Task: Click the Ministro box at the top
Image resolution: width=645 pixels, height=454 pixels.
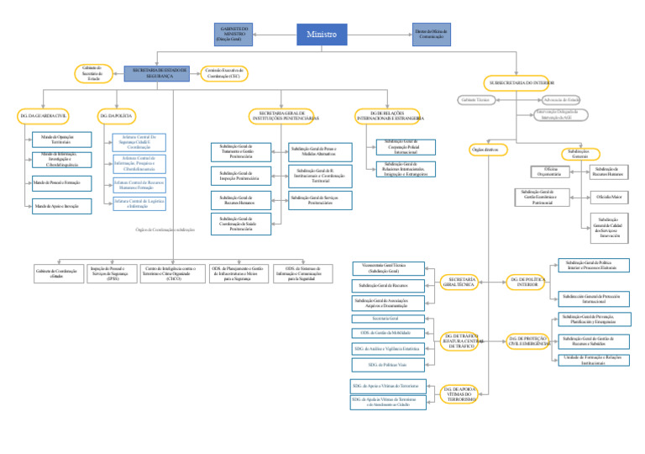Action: coord(322,34)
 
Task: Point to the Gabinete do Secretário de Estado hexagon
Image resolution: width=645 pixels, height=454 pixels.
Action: coord(92,73)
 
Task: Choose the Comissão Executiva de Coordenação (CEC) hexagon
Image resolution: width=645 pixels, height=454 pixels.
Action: coord(223,73)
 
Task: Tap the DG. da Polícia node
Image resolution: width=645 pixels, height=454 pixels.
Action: coord(116,114)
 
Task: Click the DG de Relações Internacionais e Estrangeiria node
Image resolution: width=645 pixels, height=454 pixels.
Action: coord(391,115)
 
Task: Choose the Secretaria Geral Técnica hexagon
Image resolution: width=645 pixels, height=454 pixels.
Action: coord(462,282)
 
